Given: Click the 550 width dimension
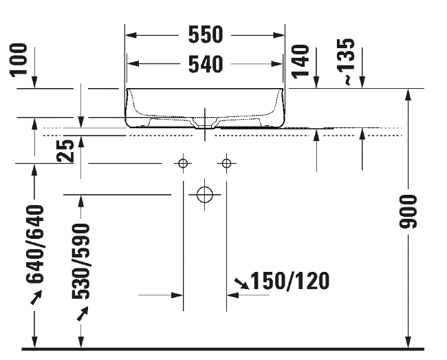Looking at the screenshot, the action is click(x=205, y=34).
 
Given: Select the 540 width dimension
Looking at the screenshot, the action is click(x=205, y=64).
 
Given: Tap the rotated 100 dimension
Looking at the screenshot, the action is click(x=19, y=60).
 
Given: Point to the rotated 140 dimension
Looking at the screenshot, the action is click(x=301, y=61).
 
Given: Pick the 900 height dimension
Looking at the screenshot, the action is click(x=408, y=212).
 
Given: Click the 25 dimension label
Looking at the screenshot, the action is click(x=65, y=151).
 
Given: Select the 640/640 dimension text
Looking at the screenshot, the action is click(x=35, y=244).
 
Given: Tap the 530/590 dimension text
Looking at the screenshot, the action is click(x=80, y=262).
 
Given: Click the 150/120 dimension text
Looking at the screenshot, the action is click(x=290, y=281).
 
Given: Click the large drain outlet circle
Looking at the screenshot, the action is click(x=205, y=195).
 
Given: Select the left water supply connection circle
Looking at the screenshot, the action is click(x=183, y=163).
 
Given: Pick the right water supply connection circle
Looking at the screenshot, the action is click(x=226, y=163).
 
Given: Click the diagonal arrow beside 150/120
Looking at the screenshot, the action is click(x=242, y=284).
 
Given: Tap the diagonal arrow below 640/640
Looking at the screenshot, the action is click(x=36, y=297).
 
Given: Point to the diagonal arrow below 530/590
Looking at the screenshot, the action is click(x=83, y=313).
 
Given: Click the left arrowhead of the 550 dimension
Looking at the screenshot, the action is click(x=131, y=35).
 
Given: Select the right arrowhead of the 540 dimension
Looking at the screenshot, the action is click(x=277, y=64).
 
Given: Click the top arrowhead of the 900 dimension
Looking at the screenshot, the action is click(x=408, y=95).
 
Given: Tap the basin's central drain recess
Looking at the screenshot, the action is click(x=204, y=123).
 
